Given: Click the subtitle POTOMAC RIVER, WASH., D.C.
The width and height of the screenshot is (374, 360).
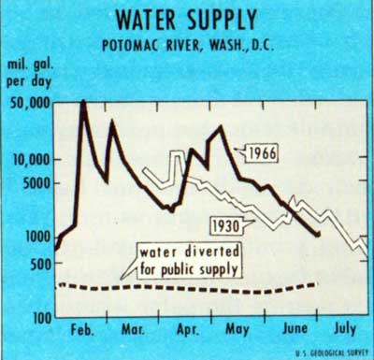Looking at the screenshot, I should click(x=188, y=46).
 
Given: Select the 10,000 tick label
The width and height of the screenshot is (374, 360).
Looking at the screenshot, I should click(x=29, y=160).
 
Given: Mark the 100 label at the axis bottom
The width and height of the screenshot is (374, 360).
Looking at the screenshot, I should click(x=37, y=318).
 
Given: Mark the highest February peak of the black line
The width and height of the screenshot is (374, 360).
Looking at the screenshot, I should click(x=83, y=101).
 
